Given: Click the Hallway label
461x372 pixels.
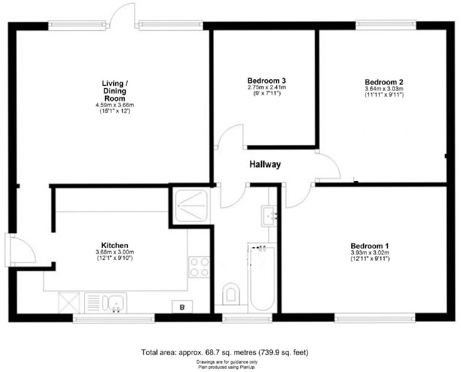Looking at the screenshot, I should [x=265, y=164].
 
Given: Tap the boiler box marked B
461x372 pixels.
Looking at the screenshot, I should [x=182, y=307].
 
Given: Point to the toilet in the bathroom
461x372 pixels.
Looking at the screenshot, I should [x=231, y=294].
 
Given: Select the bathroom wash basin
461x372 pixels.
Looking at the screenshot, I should [x=269, y=216].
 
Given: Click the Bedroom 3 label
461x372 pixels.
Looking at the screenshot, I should [x=266, y=81].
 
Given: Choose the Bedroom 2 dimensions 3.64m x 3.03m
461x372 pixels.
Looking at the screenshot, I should [x=384, y=89].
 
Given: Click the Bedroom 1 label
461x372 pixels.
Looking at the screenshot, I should [x=370, y=246].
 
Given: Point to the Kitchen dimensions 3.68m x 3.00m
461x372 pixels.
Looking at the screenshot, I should [x=114, y=252].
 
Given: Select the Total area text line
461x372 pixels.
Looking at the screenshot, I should [x=225, y=352].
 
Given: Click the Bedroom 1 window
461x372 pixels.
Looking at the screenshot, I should [x=375, y=318].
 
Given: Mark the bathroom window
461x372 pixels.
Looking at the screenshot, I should [x=247, y=319].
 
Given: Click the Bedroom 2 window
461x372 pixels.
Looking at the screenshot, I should [x=385, y=25].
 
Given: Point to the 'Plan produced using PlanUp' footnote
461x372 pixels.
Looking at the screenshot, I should [x=227, y=367].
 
